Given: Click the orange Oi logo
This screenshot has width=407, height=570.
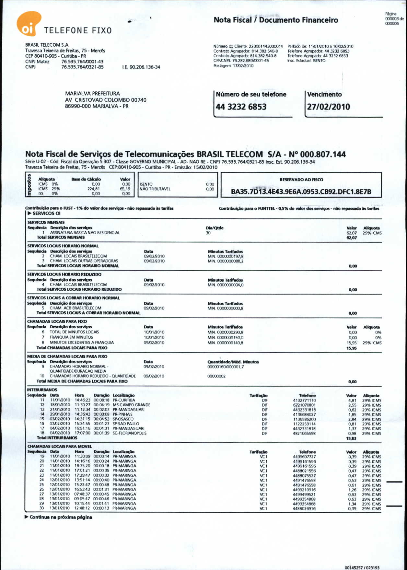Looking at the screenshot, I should pyautogui.click(x=29, y=23).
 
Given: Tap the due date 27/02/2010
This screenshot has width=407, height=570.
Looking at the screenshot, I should pyautogui.click(x=328, y=107).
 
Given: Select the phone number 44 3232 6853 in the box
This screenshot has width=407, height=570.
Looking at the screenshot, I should pyautogui.click(x=241, y=107).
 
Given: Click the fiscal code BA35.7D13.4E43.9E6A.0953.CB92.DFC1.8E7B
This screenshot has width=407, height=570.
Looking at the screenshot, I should pyautogui.click(x=301, y=192).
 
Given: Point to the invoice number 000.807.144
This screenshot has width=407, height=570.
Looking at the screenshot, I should pyautogui.click(x=323, y=154).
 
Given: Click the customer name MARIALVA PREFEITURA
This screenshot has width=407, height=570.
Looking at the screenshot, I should pyautogui.click(x=92, y=94).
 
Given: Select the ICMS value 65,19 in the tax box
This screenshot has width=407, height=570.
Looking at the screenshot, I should pyautogui.click(x=125, y=189).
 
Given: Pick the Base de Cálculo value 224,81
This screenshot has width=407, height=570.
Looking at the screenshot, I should pyautogui.click(x=94, y=189).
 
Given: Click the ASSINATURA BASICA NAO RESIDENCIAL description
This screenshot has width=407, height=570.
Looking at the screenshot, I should pyautogui.click(x=85, y=233).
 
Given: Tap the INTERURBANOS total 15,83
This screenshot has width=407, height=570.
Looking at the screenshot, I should pyautogui.click(x=351, y=438).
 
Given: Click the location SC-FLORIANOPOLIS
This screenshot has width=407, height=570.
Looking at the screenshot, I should pyautogui.click(x=129, y=433).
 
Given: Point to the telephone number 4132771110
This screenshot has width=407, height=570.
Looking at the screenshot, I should pyautogui.click(x=304, y=401).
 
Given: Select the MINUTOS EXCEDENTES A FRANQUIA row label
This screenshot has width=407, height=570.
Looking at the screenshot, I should pyautogui.click(x=82, y=343).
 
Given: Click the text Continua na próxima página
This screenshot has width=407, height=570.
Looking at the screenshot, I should pyautogui.click(x=61, y=517).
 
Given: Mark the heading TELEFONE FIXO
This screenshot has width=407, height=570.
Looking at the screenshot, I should pyautogui.click(x=78, y=31).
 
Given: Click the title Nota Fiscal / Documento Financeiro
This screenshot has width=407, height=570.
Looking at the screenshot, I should pyautogui.click(x=276, y=20).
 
